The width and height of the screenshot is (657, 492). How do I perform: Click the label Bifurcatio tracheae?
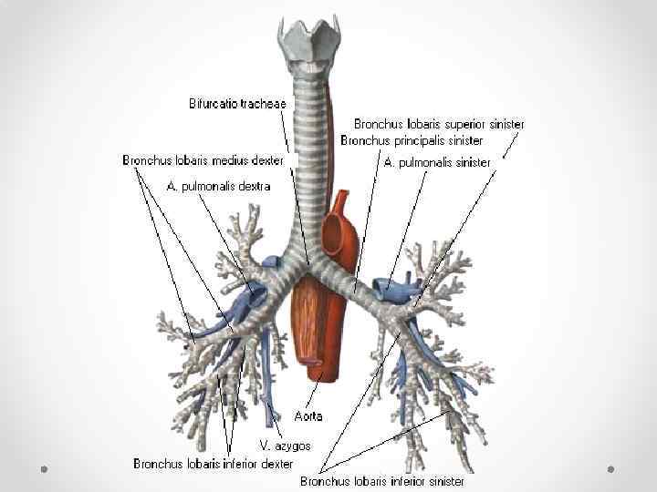point(238,103)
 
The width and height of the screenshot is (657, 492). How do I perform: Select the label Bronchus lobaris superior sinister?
point(439,123)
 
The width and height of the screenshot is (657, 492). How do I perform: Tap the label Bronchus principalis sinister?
point(412,140)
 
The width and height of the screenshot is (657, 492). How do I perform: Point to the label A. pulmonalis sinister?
point(437,162)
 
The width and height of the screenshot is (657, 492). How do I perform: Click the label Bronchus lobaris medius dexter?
point(203,160)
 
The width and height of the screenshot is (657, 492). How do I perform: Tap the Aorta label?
point(308,415)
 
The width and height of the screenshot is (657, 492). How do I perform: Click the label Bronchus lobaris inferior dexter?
point(213,464)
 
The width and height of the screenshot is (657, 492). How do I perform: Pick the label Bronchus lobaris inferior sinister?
point(381,480)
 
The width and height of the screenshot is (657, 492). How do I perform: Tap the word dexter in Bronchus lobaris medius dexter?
point(266,160)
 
